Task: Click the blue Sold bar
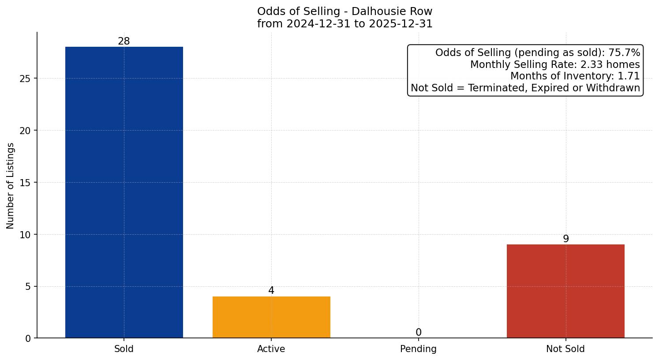(x=124, y=192)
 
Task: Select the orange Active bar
(x=271, y=317)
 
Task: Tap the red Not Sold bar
(x=565, y=291)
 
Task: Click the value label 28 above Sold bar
(x=124, y=41)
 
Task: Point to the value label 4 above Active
(x=271, y=291)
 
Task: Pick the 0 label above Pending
(x=418, y=333)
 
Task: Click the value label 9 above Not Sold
(x=565, y=239)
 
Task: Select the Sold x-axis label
(x=124, y=349)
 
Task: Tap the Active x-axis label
(x=271, y=349)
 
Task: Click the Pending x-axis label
(x=418, y=349)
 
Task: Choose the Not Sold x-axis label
(x=565, y=349)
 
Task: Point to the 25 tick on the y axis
(x=26, y=79)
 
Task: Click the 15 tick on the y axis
(x=26, y=183)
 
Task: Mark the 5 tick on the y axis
(x=28, y=287)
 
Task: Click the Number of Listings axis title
(x=11, y=186)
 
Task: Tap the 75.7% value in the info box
(x=624, y=53)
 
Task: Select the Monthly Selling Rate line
(x=555, y=65)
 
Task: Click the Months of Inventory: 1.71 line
(x=575, y=76)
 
